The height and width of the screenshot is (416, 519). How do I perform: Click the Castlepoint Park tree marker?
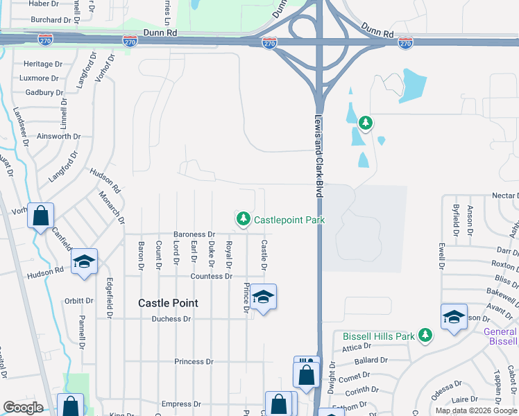click(243, 219)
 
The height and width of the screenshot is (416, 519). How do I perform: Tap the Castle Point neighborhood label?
click(168, 303)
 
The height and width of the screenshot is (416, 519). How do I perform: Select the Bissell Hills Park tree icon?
click(425, 336)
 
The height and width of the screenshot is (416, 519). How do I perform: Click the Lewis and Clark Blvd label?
click(318, 157)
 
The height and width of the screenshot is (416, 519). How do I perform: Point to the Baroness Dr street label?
click(194, 234)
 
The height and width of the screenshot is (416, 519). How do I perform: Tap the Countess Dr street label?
click(211, 276)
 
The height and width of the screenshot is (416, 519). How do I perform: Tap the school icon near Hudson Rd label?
click(84, 261)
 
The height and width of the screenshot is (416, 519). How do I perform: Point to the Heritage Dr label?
click(39, 64)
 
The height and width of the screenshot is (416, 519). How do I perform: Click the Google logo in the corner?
click(23, 408)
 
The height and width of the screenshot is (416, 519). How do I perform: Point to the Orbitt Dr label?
click(79, 301)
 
